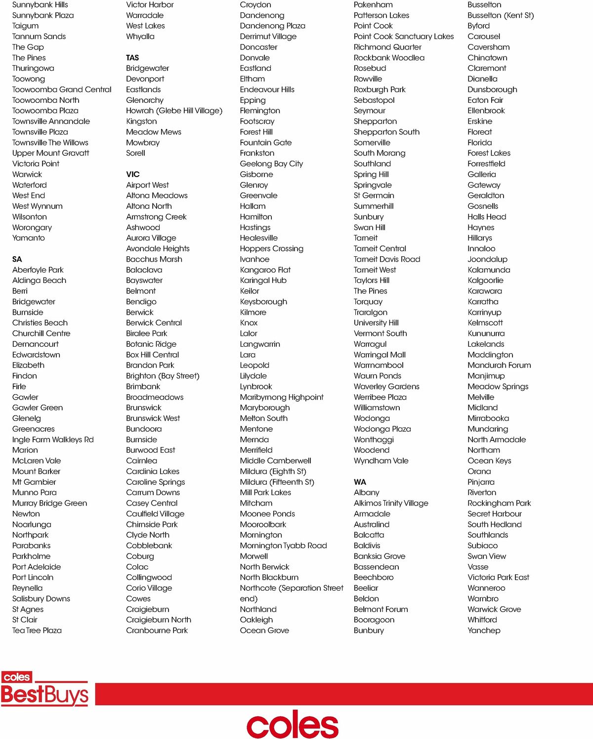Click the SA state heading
pos(17,259)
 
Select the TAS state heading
pos(132,58)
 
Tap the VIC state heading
pos(133,175)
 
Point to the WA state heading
pos(360,482)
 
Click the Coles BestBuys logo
pos(44,689)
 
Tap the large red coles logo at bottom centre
pos(293,725)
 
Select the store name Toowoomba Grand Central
pos(62,90)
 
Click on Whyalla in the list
pos(140,37)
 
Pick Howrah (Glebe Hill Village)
pos(174,111)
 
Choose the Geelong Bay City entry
pos(271,164)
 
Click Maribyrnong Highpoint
pos(282,397)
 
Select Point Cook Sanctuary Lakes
pos(403,37)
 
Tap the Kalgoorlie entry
pos(485,280)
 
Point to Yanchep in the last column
pos(484,631)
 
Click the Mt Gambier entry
pos(34,482)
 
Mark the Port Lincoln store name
pos(33,578)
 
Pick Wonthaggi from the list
pos(374,440)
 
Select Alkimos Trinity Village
pos(391,504)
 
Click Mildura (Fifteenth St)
pos(277,482)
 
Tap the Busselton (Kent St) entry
pos(501,15)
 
